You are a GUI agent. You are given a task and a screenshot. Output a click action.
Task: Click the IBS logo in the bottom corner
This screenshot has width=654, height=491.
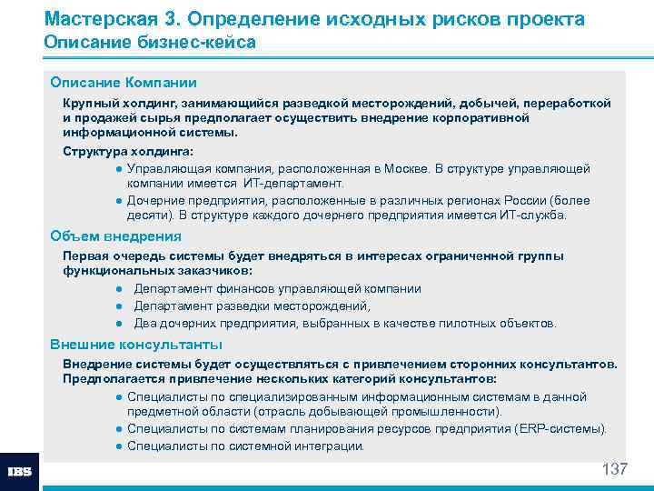[x=19, y=471]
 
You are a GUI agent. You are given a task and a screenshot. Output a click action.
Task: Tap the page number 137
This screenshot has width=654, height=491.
[x=615, y=470]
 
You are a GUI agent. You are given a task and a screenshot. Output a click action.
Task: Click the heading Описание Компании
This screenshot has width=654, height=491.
[x=124, y=83]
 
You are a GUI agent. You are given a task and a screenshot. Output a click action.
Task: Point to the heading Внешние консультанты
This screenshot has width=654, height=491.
[x=136, y=345]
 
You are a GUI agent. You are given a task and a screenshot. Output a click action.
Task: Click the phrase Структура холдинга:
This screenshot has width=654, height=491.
[x=128, y=152]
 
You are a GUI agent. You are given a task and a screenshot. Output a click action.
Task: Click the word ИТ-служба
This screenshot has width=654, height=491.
[x=533, y=215]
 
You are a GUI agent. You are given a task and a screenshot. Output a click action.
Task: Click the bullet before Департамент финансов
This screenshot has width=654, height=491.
[x=119, y=289]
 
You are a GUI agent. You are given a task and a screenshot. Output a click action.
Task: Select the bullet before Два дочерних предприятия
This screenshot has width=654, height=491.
[x=119, y=324]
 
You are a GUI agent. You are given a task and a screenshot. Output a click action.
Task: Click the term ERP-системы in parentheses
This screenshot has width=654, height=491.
[x=567, y=429]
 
